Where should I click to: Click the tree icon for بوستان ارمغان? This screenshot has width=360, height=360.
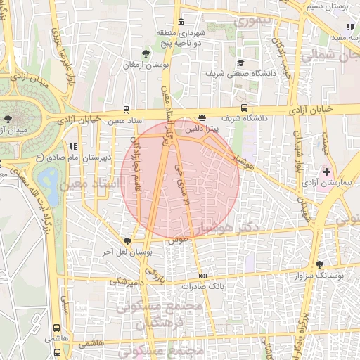click(x=146, y=53)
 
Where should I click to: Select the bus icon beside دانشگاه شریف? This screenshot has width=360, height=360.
click(x=244, y=108)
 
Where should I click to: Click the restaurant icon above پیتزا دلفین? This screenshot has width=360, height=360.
click(x=202, y=118)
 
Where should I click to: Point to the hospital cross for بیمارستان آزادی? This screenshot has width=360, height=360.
click(x=326, y=172)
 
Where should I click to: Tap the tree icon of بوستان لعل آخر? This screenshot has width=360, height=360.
click(x=127, y=240)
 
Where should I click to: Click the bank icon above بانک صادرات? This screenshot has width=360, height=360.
click(x=202, y=276)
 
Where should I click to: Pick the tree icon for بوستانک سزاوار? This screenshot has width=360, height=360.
click(x=321, y=265)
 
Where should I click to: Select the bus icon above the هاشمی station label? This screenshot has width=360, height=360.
click(x=57, y=328)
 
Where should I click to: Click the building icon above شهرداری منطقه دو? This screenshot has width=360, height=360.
click(x=182, y=20)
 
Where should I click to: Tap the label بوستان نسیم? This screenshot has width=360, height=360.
click(x=326, y=6)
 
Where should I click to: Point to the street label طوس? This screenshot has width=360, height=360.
click(x=179, y=239)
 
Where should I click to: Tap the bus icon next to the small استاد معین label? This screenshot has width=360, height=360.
click(x=126, y=109)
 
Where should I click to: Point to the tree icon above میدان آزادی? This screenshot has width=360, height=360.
click(x=8, y=120)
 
